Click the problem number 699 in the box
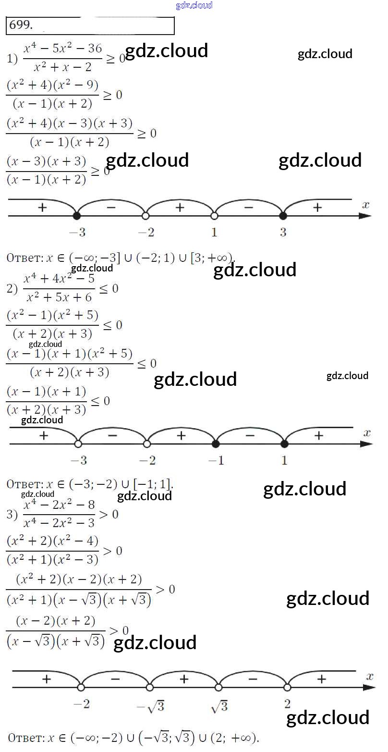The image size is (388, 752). pos(20,25)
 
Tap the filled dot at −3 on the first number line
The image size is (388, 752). pos(76,216)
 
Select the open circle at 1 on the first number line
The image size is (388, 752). pos(214,216)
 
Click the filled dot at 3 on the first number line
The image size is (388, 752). pos(283,216)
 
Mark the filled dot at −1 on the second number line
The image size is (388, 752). pos(216,444)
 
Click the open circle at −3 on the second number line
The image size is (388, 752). pos(78,444)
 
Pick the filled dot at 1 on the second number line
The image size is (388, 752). pos(284,444)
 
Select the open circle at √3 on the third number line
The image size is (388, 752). pos(218,688)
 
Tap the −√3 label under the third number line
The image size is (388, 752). pos(150,706)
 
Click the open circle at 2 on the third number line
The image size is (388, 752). pos(287,688)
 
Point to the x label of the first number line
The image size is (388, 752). pos(366,205)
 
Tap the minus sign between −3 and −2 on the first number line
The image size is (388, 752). pos(111,208)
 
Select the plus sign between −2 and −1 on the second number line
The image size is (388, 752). pos(181,435)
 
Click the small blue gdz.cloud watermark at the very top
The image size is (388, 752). pos(194,5)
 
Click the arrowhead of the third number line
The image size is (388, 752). pos(370,688)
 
